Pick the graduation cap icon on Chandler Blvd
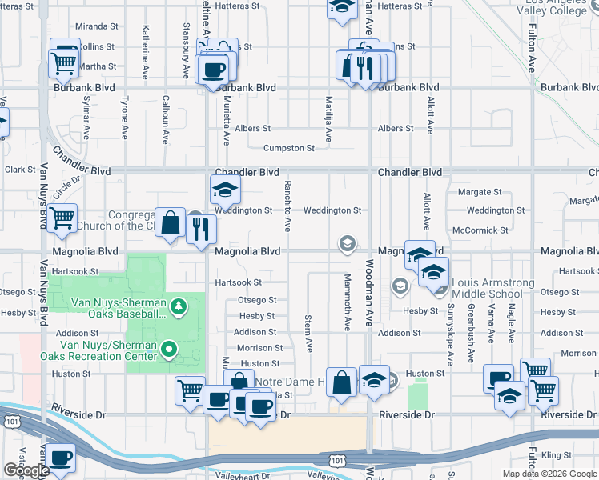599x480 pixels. coord(225,190)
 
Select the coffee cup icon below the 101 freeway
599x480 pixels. coord(62,458)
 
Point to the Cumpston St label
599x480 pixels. coord(289,148)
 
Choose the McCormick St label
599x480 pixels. coord(480,230)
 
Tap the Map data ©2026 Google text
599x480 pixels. coord(549,474)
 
